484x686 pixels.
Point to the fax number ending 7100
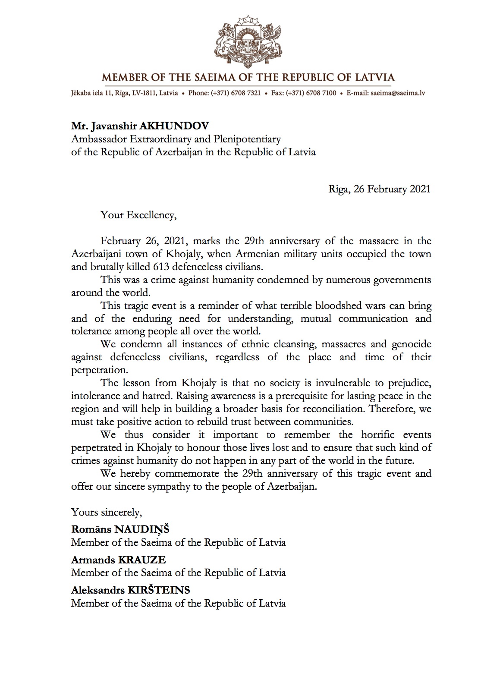point(312,93)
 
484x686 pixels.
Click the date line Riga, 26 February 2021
point(379,189)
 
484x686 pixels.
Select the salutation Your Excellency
point(138,214)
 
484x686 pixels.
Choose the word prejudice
point(407,383)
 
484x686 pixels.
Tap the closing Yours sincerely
point(106,512)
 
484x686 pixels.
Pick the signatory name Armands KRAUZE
point(118,560)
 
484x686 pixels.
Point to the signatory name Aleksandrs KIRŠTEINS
point(130,590)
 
